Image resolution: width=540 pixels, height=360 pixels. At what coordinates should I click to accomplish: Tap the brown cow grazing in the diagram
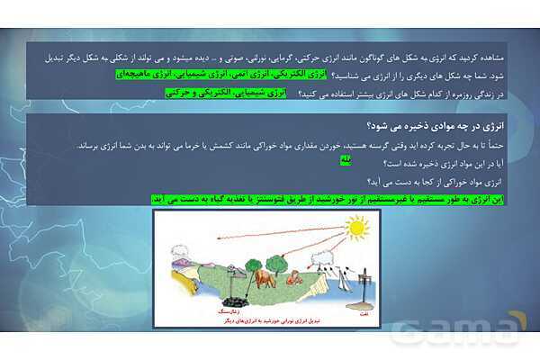pyautogui.click(x=265, y=277)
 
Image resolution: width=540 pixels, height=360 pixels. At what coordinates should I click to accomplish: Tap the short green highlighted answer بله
pyautogui.click(x=345, y=159)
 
